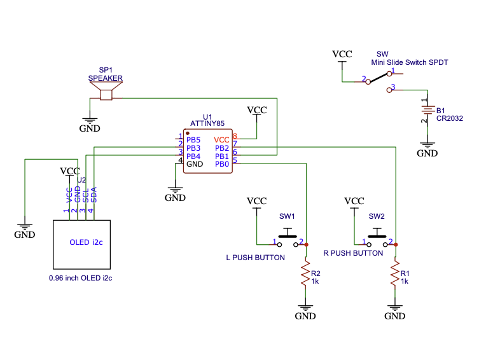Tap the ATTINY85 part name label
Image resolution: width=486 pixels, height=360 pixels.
(x=207, y=123)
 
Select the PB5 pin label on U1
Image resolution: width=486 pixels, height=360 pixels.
(x=193, y=140)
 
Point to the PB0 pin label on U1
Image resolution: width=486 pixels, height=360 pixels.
(x=222, y=164)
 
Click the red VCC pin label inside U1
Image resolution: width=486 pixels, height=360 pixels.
(x=222, y=140)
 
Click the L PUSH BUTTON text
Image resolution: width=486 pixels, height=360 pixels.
(x=256, y=258)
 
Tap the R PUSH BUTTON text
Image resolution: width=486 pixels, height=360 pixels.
(x=353, y=253)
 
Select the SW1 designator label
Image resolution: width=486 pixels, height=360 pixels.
(x=288, y=216)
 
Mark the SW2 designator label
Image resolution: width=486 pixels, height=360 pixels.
(x=377, y=216)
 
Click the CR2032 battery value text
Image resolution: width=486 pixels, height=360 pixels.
(x=450, y=118)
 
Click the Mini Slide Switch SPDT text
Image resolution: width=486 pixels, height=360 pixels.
(x=410, y=62)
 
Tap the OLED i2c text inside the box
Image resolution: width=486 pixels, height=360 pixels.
(x=87, y=242)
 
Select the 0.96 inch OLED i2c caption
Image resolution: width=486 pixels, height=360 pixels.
(x=80, y=278)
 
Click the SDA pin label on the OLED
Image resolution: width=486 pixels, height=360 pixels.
(x=94, y=195)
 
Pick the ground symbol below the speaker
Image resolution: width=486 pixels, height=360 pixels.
(x=90, y=121)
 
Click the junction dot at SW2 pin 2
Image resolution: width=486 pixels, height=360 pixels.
(x=396, y=244)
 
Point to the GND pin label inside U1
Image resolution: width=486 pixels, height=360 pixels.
(x=195, y=164)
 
